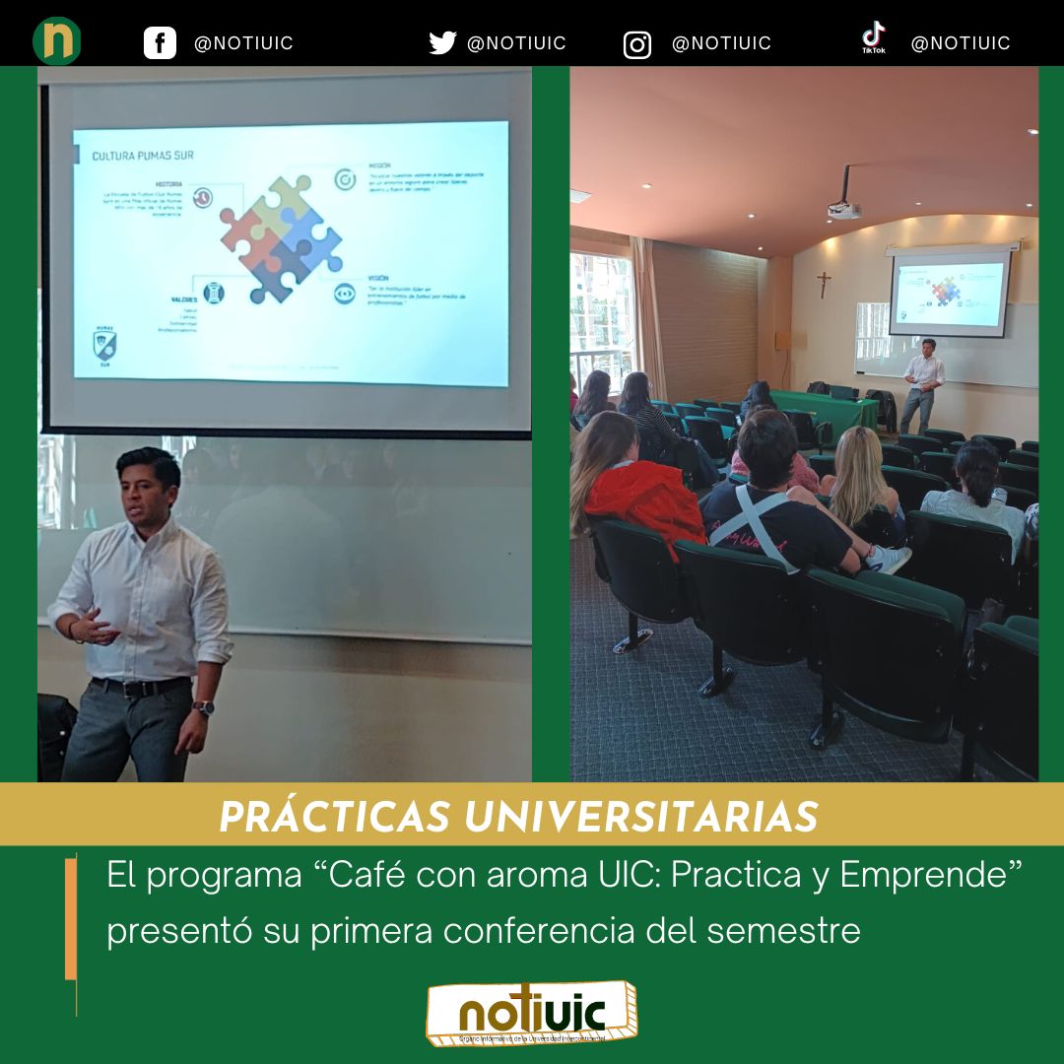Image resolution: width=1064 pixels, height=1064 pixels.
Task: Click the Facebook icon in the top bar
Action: (160, 43)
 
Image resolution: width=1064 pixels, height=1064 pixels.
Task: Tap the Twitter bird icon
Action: (442, 43)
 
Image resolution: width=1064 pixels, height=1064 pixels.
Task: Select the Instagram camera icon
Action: (637, 45)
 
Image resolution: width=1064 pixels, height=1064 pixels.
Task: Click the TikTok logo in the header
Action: (873, 38)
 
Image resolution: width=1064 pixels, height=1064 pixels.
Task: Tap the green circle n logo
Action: (57, 41)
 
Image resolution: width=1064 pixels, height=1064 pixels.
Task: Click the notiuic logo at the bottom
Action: (532, 1013)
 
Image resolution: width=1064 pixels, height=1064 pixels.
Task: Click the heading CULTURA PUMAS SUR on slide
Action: (142, 156)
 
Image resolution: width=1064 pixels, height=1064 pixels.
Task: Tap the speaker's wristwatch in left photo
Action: (204, 707)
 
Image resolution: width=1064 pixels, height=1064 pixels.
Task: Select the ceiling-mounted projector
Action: (843, 205)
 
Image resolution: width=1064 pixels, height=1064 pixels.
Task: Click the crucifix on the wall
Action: (824, 284)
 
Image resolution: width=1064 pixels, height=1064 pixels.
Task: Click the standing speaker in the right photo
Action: (923, 384)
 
